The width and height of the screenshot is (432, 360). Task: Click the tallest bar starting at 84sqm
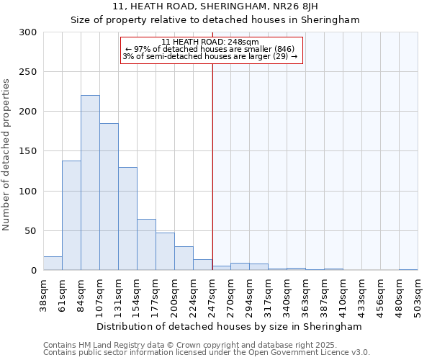[x=90, y=183]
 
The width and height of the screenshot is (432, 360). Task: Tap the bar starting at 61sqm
[x=71, y=215]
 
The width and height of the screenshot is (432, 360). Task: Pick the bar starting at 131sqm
[x=127, y=219]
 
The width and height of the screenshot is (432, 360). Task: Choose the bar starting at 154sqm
[x=146, y=245]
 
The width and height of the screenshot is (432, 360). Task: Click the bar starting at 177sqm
[x=165, y=251]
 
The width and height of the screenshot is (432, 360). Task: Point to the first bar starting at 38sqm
[x=53, y=264]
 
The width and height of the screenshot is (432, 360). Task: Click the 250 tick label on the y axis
[x=27, y=72]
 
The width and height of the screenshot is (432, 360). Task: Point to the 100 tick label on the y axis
[x=27, y=192]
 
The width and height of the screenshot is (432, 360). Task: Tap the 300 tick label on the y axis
[x=27, y=32]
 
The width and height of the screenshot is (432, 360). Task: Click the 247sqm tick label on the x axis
[x=212, y=295]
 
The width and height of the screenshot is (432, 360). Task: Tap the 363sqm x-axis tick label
[x=305, y=295]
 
